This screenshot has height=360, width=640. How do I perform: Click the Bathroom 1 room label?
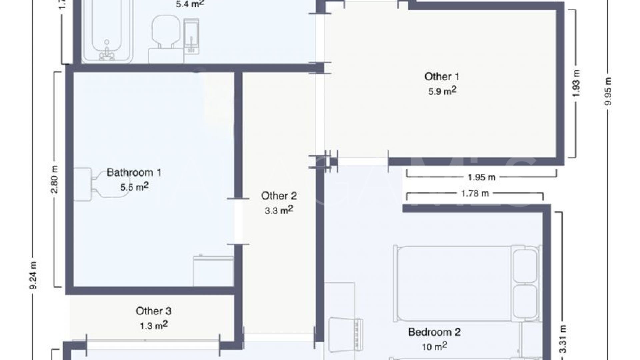pos(134,173)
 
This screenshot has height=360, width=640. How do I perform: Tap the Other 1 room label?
pos(442,77)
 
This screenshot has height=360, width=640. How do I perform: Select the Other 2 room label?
pos(279,196)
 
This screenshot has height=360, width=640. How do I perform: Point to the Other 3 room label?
pos(153,311)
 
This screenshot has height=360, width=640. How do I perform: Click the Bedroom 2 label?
pos(434,332)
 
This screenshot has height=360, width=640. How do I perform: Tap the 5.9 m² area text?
pos(442,91)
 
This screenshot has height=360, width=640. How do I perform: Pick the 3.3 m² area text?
pos(279,210)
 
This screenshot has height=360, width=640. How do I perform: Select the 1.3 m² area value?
pos(153,325)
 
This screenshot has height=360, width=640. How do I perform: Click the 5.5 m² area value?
pos(134,187)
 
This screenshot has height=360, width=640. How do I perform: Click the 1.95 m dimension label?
pos(481,177)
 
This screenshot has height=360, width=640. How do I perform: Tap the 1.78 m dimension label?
pos(474,193)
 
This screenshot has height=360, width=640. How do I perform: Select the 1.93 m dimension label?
pos(577,83)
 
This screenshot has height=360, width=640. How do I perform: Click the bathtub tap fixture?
pos(107,53)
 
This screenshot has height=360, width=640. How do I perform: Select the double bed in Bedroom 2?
pos(467,283)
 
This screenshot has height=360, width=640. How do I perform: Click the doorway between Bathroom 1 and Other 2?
pos(238,221)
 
